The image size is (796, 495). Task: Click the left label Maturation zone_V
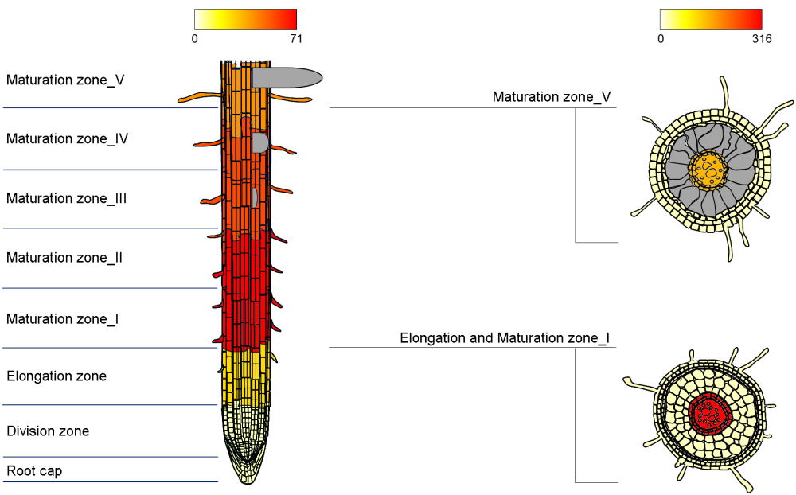[x=65, y=80]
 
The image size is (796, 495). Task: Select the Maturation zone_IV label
[x=68, y=138]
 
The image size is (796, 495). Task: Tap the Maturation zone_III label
[x=67, y=198]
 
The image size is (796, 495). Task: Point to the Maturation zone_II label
[x=64, y=258]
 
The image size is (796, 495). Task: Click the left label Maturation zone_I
[x=63, y=319]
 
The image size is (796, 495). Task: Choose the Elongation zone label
[x=57, y=376]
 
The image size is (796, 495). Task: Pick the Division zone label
[x=48, y=431]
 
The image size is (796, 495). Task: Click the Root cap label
[x=34, y=471]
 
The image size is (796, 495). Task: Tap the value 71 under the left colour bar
[x=296, y=38]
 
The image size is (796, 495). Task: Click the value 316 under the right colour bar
[x=761, y=38]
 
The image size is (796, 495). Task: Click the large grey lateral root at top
[x=287, y=77]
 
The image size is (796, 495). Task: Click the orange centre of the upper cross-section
[x=708, y=169]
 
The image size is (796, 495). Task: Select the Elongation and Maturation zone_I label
[x=505, y=338]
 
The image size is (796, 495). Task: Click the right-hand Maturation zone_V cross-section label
[x=552, y=97]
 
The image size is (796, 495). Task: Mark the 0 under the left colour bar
[x=195, y=38]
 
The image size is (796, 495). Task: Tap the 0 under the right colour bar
[x=661, y=38]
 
